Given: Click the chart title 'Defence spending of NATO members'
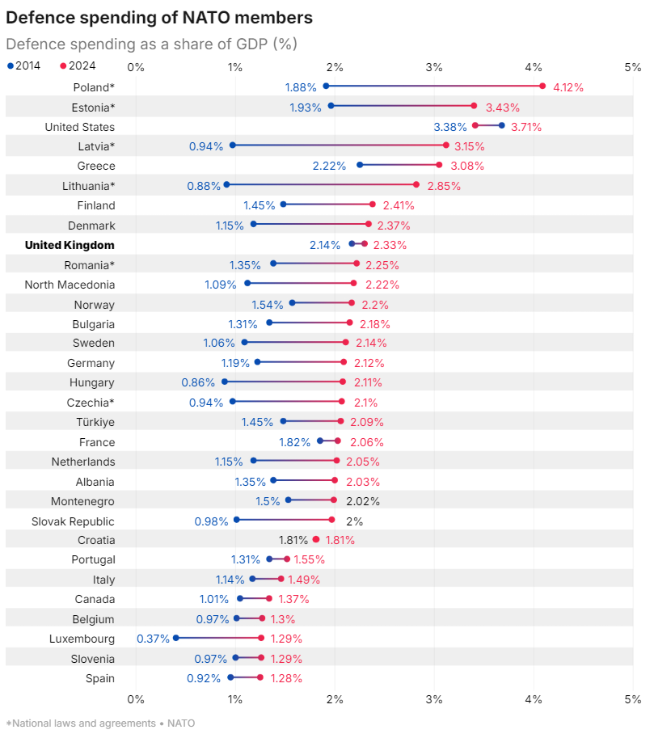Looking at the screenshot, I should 159,17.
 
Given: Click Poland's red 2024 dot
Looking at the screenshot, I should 542,86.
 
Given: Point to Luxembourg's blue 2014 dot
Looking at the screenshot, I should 175,638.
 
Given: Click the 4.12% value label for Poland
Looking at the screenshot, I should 568,87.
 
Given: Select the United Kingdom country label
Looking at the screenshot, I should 70,245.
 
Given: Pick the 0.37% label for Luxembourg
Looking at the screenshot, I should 153,639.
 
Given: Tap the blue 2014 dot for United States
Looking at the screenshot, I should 502,125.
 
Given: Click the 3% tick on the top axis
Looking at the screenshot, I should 434,66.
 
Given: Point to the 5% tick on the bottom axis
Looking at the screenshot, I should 633,698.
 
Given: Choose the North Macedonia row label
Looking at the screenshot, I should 70,285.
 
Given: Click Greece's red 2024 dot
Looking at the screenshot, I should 439,165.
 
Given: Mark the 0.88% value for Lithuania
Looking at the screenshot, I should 204,186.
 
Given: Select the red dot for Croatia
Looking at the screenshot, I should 316,539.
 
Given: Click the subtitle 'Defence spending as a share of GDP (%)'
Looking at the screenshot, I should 151,44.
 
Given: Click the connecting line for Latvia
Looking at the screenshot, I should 340,145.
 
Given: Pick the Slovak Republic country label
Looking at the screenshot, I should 73,521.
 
